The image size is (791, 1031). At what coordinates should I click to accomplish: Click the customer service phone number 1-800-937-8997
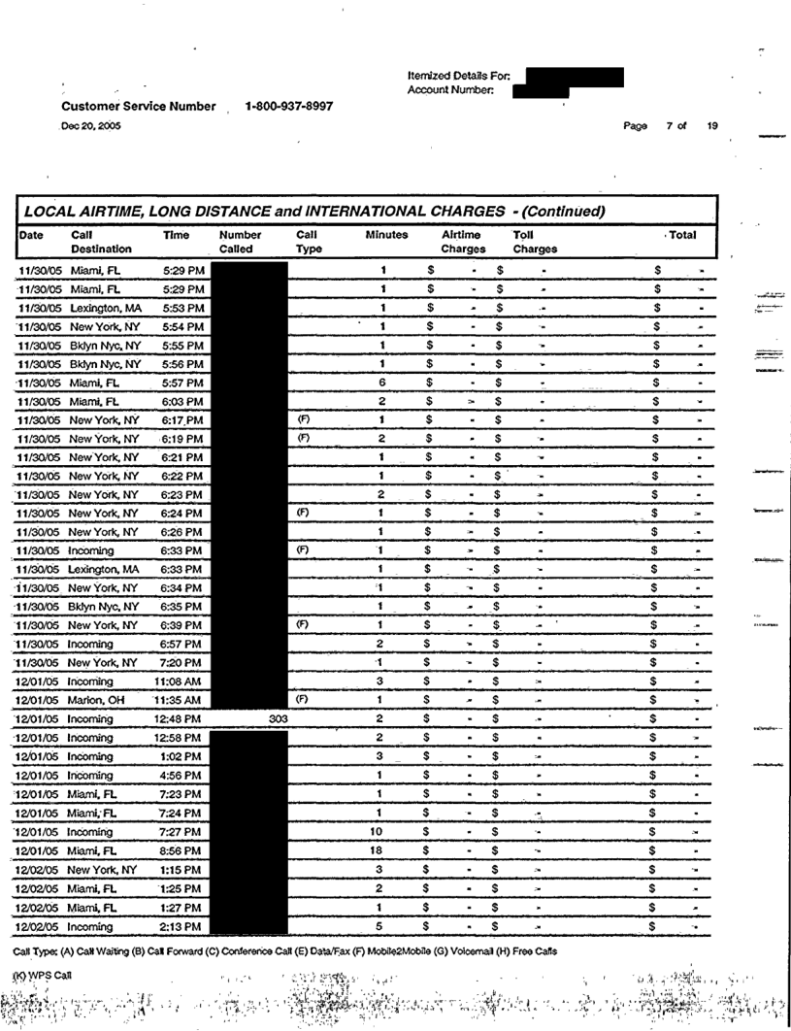click(289, 106)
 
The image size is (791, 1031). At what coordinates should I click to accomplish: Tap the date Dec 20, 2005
click(86, 124)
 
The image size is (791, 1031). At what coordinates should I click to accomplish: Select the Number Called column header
click(243, 242)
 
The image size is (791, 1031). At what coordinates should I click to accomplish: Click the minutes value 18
click(383, 851)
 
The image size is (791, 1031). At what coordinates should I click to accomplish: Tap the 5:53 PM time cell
click(183, 307)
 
